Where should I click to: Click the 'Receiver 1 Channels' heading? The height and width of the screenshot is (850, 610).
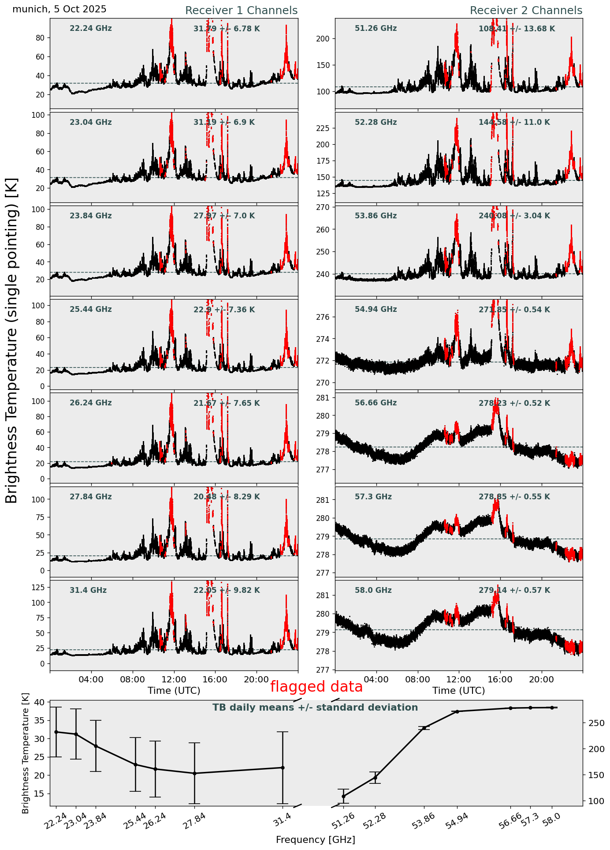tap(241, 11)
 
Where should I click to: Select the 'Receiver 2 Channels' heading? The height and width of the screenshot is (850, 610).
tap(526, 11)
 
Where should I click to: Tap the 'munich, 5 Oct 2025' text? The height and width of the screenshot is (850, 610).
tap(60, 9)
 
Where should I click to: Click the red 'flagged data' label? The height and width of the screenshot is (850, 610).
tap(316, 687)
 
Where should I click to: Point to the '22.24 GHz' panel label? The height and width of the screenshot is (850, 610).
tap(91, 29)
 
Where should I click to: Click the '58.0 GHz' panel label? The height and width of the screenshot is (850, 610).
tap(373, 590)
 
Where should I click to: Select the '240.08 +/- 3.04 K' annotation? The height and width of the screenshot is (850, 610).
tap(514, 216)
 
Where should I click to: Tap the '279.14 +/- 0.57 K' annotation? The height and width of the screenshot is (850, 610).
tap(514, 590)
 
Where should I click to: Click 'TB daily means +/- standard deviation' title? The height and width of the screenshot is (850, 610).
tap(315, 708)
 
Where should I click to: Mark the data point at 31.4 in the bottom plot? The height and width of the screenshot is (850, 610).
tap(283, 768)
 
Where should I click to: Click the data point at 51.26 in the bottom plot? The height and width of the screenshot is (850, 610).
tap(343, 796)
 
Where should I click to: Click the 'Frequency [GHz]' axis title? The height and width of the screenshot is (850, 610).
tap(315, 840)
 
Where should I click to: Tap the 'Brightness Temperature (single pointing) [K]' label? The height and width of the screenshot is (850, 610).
tap(12, 341)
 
